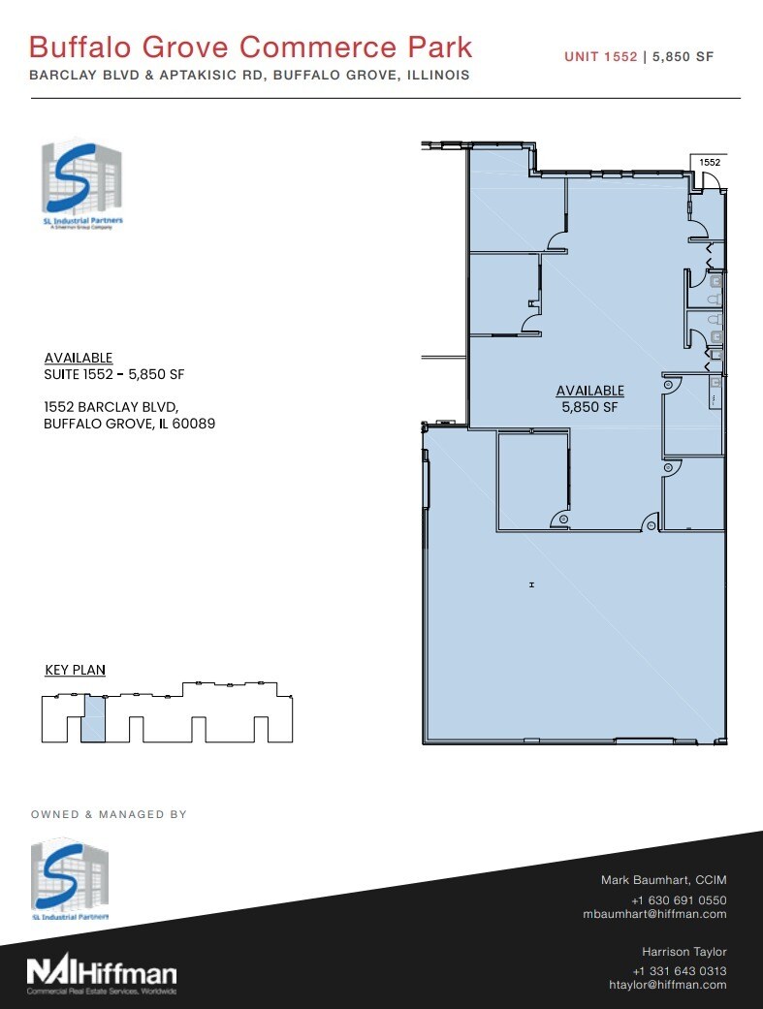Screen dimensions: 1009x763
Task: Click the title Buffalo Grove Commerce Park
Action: (x=251, y=47)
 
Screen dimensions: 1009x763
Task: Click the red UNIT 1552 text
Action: (x=601, y=57)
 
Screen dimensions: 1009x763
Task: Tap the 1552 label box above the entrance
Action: (x=710, y=163)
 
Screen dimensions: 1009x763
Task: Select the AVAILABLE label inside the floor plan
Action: (x=589, y=391)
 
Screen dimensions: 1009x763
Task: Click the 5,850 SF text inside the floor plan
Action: (x=589, y=407)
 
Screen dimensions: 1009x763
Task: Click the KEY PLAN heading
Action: (x=76, y=670)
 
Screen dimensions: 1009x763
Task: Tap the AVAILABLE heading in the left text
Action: (x=79, y=358)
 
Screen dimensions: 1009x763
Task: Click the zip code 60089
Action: (x=190, y=424)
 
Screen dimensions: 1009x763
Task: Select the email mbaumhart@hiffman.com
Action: (x=654, y=914)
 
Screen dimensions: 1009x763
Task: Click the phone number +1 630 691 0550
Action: (x=679, y=899)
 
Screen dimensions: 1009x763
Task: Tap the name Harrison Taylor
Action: (x=684, y=952)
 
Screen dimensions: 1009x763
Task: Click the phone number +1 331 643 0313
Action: (x=679, y=971)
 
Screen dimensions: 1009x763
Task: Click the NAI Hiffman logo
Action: (x=102, y=972)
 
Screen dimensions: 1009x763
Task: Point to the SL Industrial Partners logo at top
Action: (x=81, y=184)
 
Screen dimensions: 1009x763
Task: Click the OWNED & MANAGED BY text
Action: (x=110, y=815)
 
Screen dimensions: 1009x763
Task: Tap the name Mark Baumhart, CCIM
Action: (x=663, y=880)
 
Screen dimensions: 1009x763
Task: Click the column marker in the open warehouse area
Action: (x=531, y=584)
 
